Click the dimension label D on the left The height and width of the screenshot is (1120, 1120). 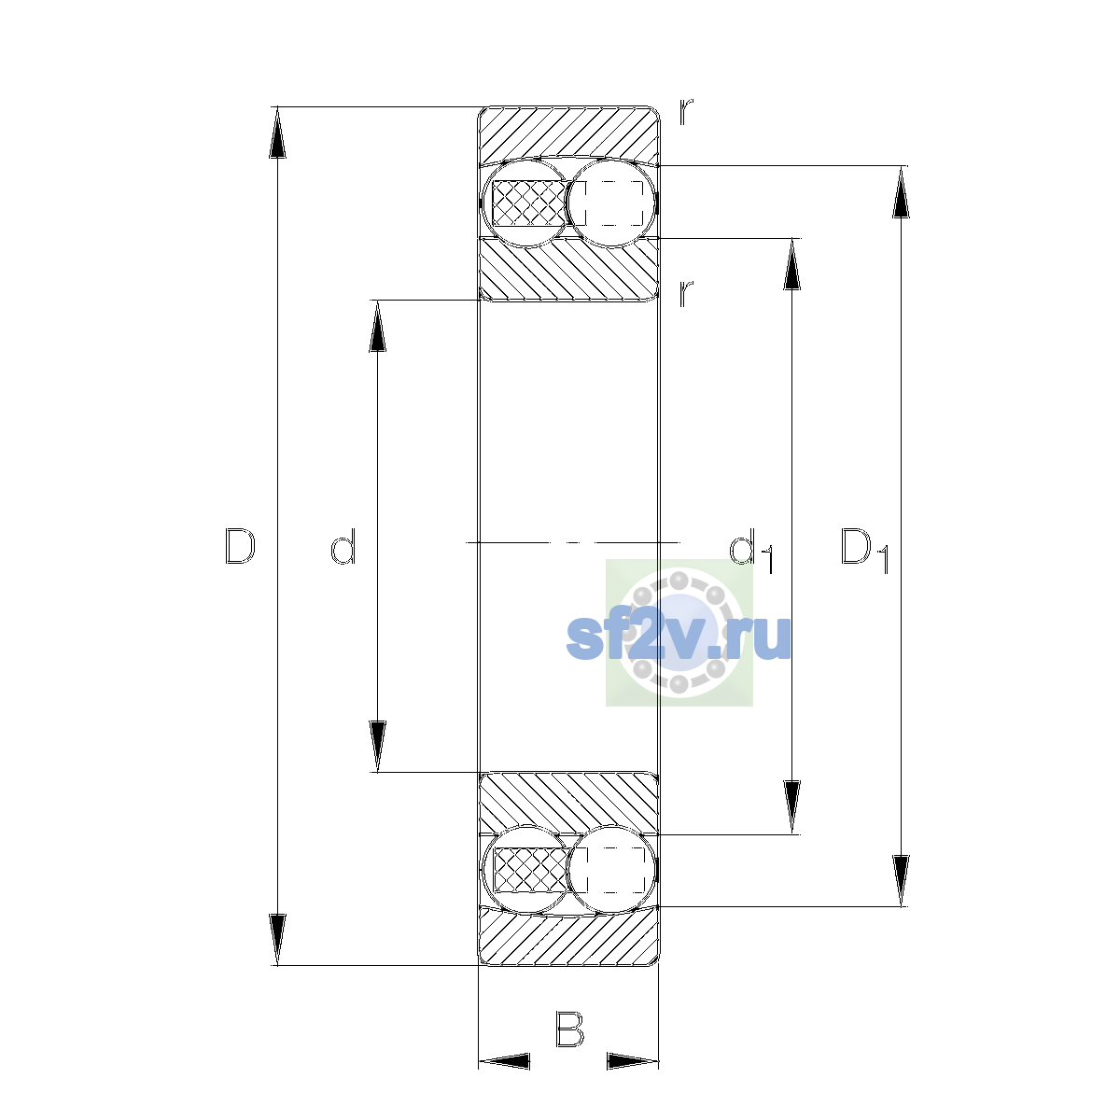point(240,546)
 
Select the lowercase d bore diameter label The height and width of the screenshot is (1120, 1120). point(343,546)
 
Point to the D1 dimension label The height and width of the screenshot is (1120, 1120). point(865,550)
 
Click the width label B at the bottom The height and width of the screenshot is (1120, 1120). point(569,1029)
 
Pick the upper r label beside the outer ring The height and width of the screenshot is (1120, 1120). point(686,112)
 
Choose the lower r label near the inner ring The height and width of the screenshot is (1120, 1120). point(686,293)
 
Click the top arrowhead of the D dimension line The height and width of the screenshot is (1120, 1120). point(277,133)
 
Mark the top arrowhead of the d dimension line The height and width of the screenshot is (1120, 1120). point(378,326)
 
